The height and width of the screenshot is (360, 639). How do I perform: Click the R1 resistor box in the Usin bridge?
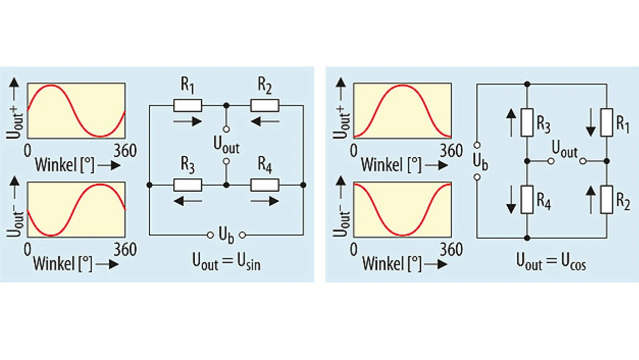[188, 105]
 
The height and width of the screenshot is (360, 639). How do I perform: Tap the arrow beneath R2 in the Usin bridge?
[265, 122]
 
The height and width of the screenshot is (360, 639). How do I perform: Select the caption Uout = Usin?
[226, 262]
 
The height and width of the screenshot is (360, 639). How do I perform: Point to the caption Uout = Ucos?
[551, 262]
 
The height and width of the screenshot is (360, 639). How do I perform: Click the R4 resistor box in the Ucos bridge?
[527, 200]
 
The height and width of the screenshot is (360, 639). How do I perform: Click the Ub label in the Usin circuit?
[226, 235]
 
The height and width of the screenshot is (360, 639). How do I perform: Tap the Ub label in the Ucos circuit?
[480, 162]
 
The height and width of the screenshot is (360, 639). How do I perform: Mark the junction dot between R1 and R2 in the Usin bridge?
[226, 105]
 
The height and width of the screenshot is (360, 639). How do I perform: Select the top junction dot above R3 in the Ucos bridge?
[527, 84]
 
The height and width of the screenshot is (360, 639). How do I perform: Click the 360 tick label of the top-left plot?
[125, 151]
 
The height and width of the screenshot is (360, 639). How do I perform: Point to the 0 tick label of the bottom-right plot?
[353, 250]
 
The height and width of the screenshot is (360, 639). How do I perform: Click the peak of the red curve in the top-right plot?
[402, 85]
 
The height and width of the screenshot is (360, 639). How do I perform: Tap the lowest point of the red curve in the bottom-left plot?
[51, 236]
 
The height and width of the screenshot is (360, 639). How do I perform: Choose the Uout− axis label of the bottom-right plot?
[341, 224]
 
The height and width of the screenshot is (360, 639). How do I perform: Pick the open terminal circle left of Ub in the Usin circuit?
[210, 235]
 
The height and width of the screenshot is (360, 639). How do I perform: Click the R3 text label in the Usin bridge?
[188, 165]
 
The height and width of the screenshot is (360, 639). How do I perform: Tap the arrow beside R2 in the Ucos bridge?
[591, 200]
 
